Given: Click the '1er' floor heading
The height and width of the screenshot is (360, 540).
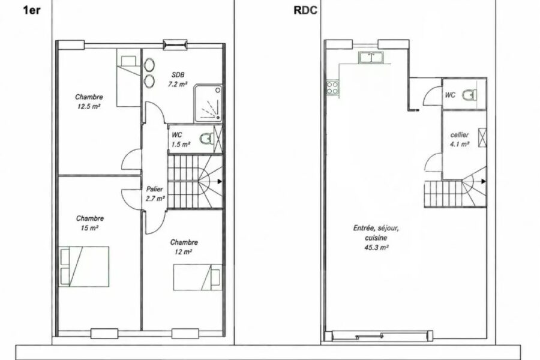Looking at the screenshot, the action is (x=32, y=10).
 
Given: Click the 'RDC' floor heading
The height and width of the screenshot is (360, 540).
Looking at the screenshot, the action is (x=305, y=11).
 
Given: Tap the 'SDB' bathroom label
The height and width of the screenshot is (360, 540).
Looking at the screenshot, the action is (x=178, y=74).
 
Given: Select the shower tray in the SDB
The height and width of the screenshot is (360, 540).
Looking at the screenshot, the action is (x=208, y=103).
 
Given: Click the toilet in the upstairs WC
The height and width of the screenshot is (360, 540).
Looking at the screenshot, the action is (x=206, y=139).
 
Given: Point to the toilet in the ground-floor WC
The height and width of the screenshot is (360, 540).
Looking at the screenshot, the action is (x=470, y=94).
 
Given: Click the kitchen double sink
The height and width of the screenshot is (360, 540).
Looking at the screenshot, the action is (x=371, y=58).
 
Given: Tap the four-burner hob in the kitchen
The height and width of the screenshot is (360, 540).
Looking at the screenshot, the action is (x=332, y=88).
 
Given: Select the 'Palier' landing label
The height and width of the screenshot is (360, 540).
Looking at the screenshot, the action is (x=155, y=189).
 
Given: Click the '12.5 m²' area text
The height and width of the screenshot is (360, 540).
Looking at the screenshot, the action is (x=89, y=106).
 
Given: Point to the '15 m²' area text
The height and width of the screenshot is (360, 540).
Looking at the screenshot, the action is (x=89, y=228).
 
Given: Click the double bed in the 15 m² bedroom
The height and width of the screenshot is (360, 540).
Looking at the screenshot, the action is (x=85, y=266).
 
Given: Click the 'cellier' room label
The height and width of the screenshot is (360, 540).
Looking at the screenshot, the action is (x=460, y=135).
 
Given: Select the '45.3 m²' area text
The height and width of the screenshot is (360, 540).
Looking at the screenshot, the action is (x=376, y=247).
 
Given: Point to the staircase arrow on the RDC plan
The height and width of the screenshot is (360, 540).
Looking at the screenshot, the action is (x=484, y=181).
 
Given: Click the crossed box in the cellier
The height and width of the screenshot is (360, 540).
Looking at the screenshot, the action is (x=482, y=137).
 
